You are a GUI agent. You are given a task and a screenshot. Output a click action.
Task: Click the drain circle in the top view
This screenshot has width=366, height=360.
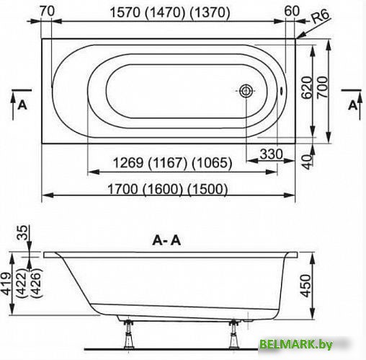pyautogui.click(x=246, y=91)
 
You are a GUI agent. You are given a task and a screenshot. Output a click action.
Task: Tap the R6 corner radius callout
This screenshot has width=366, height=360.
pyautogui.click(x=321, y=17)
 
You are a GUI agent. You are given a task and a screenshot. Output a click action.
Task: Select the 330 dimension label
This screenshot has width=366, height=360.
pyautogui.click(x=271, y=154)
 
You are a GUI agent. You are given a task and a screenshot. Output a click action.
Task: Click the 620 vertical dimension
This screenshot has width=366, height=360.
pyautogui.click(x=307, y=87)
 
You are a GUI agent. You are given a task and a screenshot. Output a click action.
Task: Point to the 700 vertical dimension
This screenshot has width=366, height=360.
pyautogui.click(x=322, y=87)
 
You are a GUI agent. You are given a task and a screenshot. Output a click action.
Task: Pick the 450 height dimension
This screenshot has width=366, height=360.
pyautogui.click(x=305, y=286)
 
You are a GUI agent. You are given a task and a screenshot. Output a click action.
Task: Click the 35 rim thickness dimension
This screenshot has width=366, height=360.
pyautogui.click(x=22, y=232)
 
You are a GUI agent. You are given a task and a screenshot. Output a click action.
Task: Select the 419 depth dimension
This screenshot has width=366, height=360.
pyautogui.click(x=6, y=284)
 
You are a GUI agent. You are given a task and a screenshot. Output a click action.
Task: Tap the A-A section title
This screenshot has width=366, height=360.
pyautogui.click(x=166, y=240)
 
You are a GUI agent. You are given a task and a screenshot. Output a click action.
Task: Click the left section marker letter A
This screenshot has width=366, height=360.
pyautogui.click(x=22, y=105)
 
